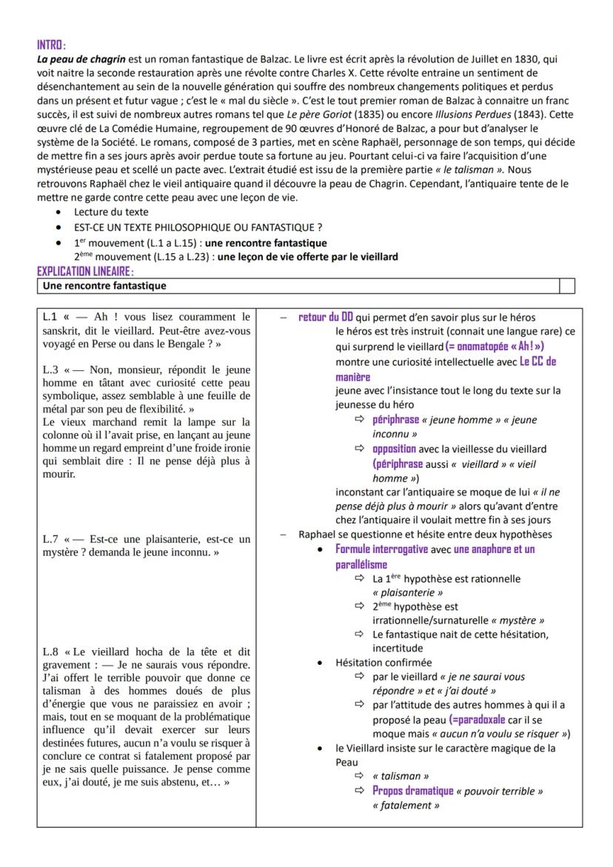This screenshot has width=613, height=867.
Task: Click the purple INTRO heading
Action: (51, 46)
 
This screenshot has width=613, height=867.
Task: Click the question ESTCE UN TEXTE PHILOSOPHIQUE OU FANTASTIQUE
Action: (198, 227)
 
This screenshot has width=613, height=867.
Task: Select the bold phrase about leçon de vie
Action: (309, 257)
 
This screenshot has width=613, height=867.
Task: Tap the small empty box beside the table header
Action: (566, 286)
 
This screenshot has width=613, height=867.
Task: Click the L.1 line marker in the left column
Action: (51, 318)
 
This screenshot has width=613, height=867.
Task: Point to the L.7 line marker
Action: (51, 538)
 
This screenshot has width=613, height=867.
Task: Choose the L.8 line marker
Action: (51, 652)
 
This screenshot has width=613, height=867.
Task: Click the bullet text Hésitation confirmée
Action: (383, 663)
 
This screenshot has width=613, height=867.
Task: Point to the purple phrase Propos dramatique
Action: (412, 791)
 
